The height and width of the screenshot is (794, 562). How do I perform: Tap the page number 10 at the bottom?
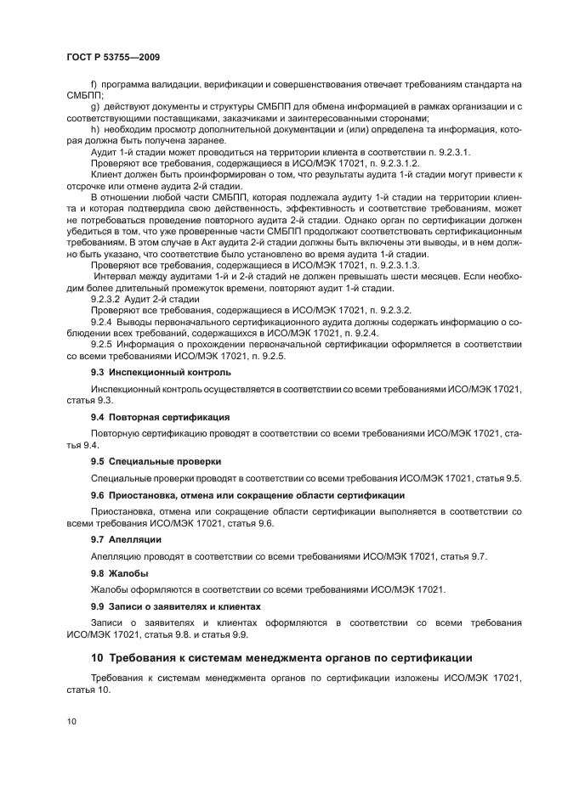point(71,721)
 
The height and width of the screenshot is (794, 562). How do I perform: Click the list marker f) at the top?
point(94,86)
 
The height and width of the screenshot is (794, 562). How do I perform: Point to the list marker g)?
point(95,107)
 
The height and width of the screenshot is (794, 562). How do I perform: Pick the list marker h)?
point(95,129)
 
